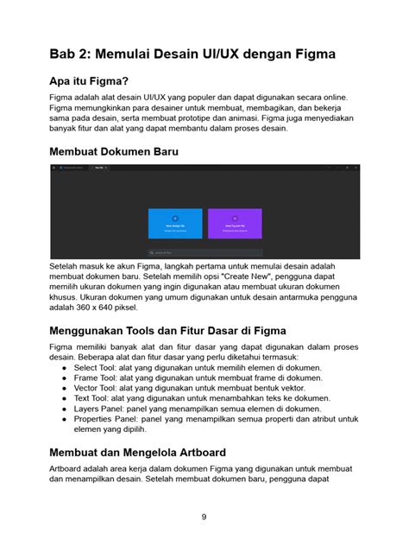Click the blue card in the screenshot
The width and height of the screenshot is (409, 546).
[174, 223]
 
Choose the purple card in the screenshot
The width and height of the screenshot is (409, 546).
[235, 223]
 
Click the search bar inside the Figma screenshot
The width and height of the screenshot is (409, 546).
[204, 252]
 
